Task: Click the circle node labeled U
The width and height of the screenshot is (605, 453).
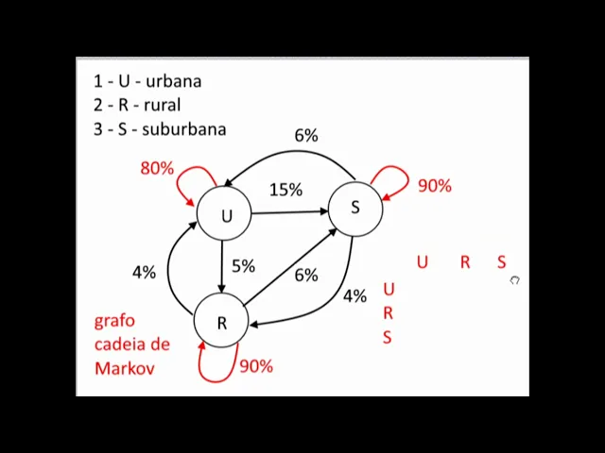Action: click(225, 215)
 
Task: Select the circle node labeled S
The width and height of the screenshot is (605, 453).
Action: click(354, 207)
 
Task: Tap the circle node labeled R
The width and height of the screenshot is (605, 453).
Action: click(221, 322)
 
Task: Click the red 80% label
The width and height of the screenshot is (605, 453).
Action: click(157, 168)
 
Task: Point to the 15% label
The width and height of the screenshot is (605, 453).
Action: click(285, 190)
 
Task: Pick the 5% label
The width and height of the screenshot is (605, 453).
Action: click(243, 266)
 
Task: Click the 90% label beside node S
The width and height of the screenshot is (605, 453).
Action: click(434, 186)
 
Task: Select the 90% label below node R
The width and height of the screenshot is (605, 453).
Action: click(255, 365)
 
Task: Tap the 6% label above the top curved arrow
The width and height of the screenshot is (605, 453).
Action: click(305, 136)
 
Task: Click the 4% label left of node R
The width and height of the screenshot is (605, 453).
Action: click(144, 272)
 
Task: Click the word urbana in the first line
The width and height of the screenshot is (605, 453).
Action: click(173, 81)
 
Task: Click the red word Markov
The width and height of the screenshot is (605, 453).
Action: click(124, 368)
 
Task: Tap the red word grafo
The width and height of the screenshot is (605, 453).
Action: click(114, 321)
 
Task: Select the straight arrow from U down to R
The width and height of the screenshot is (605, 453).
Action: click(221, 266)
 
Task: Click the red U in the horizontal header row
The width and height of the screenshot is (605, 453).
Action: click(422, 261)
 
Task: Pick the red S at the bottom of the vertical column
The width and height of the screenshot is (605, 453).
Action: click(387, 337)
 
